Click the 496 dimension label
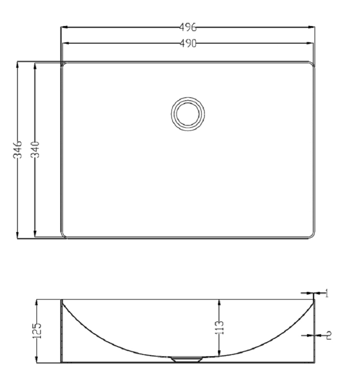pyautogui.click(x=188, y=27)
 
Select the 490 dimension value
pyautogui.click(x=188, y=44)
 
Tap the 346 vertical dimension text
pyautogui.click(x=18, y=150)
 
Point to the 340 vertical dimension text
pyautogui.click(x=35, y=150)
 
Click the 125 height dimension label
pyautogui.click(x=37, y=331)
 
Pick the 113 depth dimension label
pyautogui.click(x=219, y=327)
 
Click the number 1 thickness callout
pyautogui.click(x=326, y=293)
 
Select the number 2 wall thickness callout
pyautogui.click(x=329, y=335)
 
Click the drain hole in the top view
pyautogui.click(x=188, y=114)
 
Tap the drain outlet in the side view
pyautogui.click(x=187, y=359)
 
